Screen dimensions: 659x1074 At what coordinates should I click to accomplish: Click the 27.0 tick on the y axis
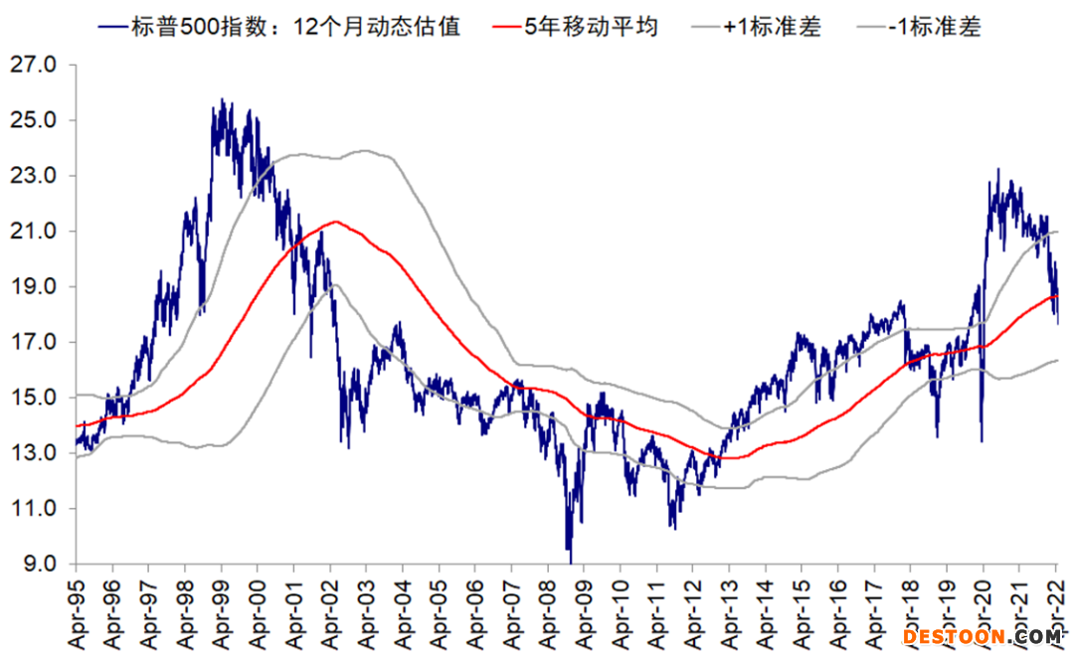click(36, 65)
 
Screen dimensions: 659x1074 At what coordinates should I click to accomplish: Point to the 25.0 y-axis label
click(36, 120)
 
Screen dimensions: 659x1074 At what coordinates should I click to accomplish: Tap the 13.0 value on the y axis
click(36, 453)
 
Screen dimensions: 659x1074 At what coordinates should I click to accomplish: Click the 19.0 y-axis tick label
click(36, 287)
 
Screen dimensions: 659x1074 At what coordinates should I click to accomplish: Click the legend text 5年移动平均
click(591, 26)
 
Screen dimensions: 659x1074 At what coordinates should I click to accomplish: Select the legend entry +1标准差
click(772, 26)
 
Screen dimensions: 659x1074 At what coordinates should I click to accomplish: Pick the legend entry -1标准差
click(931, 26)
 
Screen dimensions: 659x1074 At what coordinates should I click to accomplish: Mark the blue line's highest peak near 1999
click(221, 99)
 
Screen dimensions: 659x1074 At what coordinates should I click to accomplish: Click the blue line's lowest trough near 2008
click(570, 562)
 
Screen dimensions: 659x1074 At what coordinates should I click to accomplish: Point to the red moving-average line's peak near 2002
click(337, 222)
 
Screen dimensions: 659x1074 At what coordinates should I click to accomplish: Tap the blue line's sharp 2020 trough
click(982, 440)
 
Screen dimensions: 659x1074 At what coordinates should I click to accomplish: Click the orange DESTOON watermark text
click(955, 635)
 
